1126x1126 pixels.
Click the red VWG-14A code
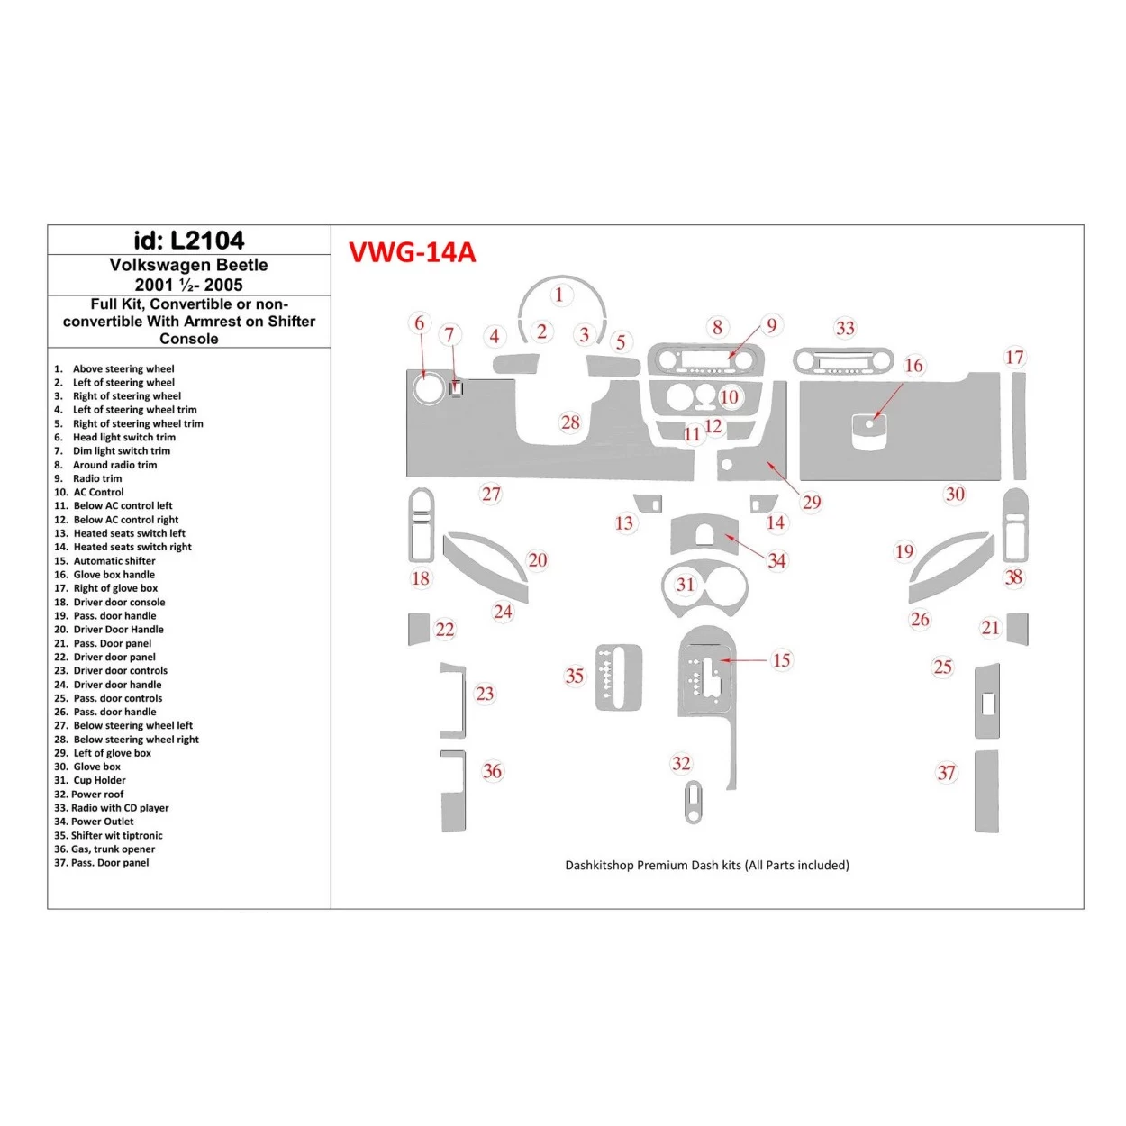pos(412,252)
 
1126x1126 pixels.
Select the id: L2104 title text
pos(188,241)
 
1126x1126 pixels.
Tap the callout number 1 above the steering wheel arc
pos(558,295)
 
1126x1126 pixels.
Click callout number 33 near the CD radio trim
pos(845,329)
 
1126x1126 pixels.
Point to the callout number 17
pos(1014,358)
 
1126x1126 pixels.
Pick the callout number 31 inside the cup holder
pos(686,585)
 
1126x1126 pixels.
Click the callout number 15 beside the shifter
pos(781,660)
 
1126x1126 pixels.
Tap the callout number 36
pos(492,771)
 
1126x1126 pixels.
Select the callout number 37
pos(946,773)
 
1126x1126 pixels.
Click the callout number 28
pos(570,422)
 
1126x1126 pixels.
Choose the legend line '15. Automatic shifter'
pos(105,561)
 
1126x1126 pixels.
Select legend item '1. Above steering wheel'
pos(114,369)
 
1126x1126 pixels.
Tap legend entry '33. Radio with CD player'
pos(112,808)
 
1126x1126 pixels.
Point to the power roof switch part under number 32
pos(693,802)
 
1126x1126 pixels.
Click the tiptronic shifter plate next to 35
pos(618,677)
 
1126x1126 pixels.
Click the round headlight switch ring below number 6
pos(426,388)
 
